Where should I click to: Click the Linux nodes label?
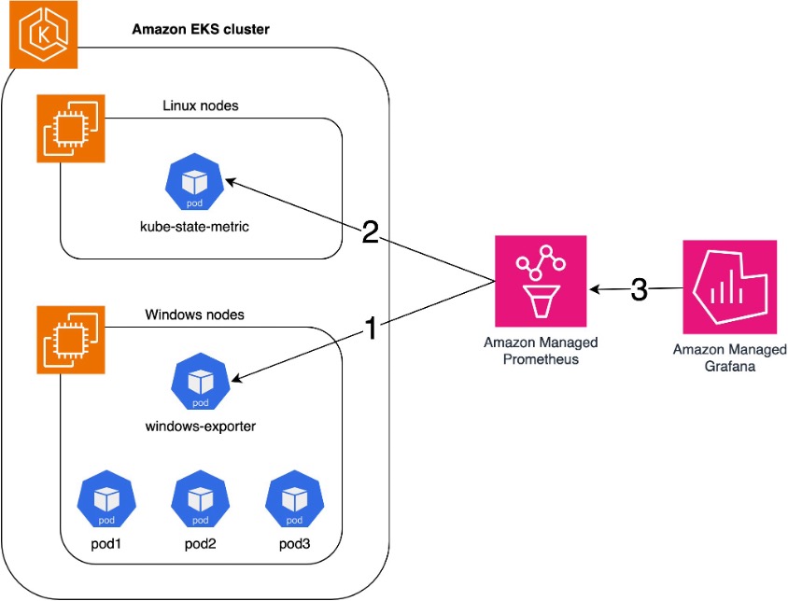point(200,105)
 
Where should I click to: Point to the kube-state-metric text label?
point(194,226)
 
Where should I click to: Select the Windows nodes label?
point(195,314)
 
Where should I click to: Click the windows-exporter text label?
point(201,426)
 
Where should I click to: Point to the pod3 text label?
point(294,543)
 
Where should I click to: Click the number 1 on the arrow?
point(370,328)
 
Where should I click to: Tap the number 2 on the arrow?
point(370,232)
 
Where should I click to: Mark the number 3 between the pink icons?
point(640,290)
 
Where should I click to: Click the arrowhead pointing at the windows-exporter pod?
point(237,379)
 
